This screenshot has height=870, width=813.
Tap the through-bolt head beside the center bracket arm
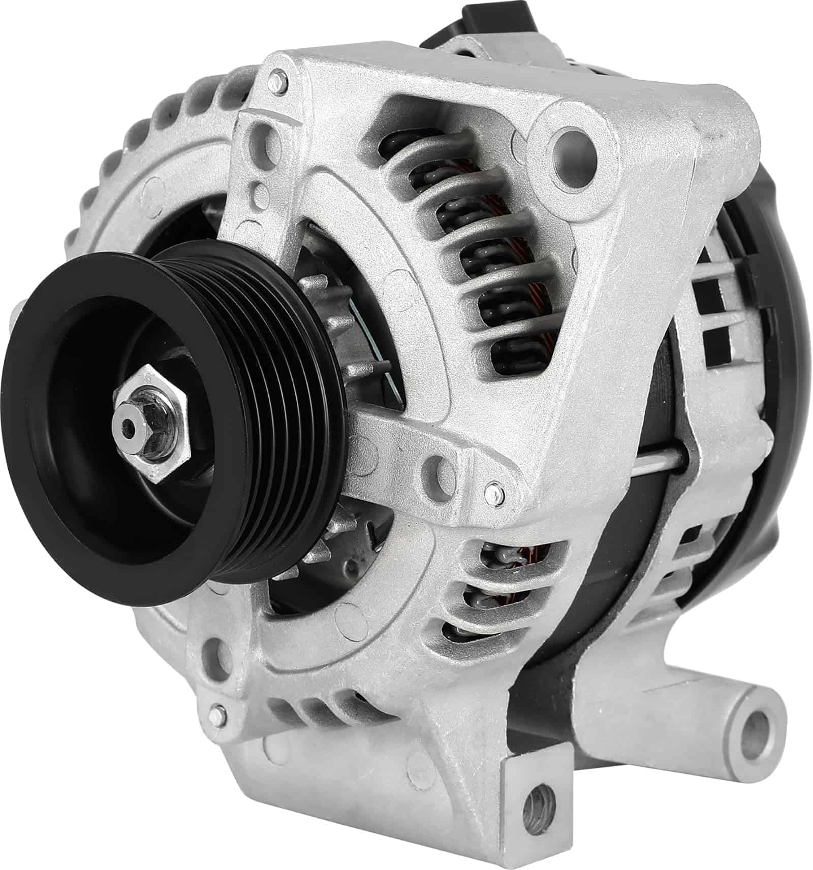click(493, 491)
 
